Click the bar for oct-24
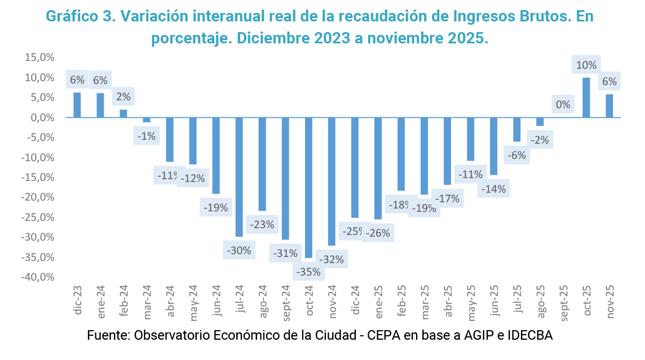click(x=308, y=187)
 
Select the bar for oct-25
click(x=586, y=97)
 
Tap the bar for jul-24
click(x=239, y=177)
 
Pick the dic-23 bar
click(x=77, y=105)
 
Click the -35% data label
click(x=308, y=272)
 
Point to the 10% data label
click(x=586, y=65)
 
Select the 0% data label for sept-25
click(x=563, y=104)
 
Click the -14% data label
click(x=494, y=189)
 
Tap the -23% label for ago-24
click(x=263, y=224)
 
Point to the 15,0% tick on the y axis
click(x=39, y=57)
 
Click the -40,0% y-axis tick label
click(x=38, y=277)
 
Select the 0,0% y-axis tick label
click(x=41, y=118)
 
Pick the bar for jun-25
click(x=494, y=146)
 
